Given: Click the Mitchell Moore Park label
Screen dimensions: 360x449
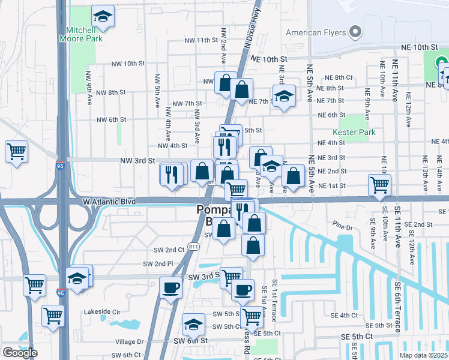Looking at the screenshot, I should (80, 34).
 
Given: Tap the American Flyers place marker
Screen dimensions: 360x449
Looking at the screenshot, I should (355, 32).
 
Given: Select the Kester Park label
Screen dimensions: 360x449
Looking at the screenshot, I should (350, 131).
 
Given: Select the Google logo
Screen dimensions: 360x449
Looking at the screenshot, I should (20, 352).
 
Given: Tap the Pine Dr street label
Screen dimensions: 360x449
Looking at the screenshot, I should (345, 223).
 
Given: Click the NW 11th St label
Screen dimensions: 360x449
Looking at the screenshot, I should (200, 40).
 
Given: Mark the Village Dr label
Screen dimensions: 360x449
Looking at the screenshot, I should (131, 341).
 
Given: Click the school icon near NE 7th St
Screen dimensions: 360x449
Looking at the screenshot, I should (284, 96).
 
